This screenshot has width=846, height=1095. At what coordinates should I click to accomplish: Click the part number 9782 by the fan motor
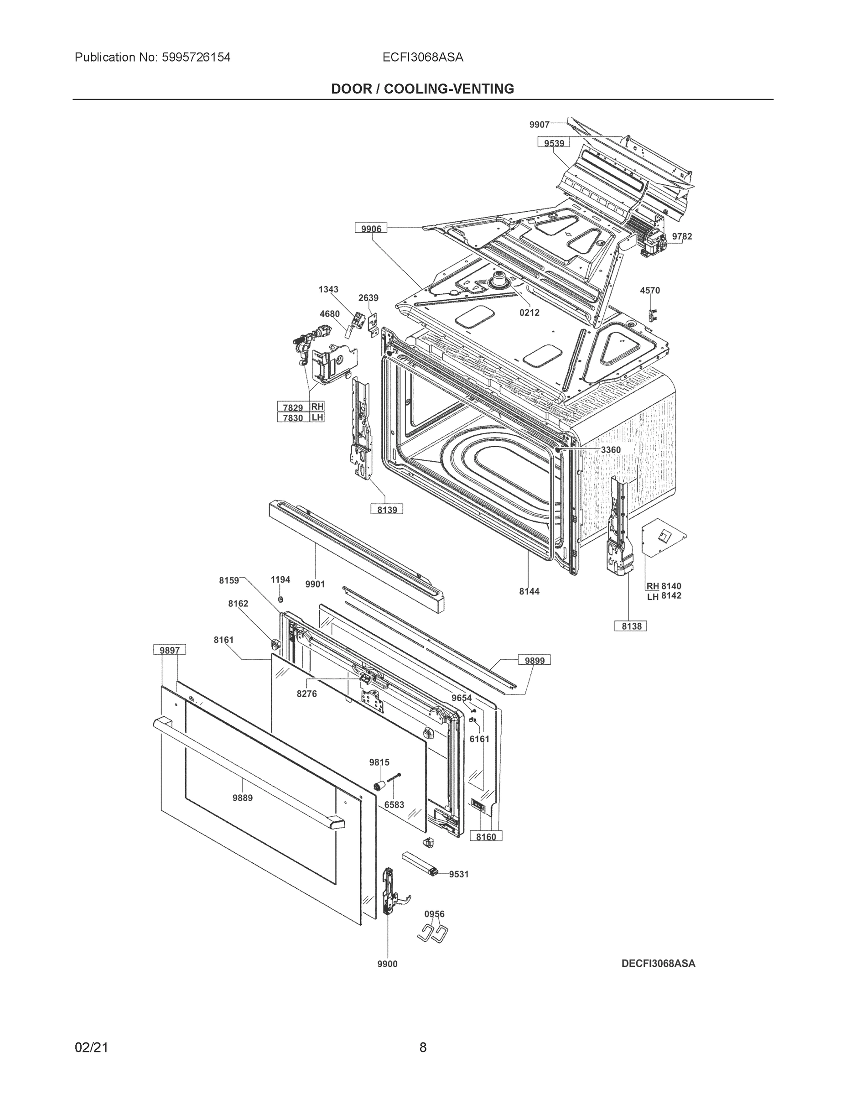point(682,236)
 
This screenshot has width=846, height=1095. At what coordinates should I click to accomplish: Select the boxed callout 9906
point(371,229)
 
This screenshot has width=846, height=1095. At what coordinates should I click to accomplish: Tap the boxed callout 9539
point(554,143)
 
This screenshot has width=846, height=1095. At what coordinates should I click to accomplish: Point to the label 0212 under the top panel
point(529,313)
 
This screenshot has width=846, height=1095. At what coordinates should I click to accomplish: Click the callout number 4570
point(649,290)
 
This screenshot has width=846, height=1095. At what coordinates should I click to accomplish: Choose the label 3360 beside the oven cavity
point(611,450)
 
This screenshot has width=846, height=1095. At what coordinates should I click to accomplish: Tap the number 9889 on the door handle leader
point(242,798)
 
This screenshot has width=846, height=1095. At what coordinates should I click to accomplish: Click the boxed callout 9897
point(169,650)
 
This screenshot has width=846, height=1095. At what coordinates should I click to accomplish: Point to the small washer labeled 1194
point(280,599)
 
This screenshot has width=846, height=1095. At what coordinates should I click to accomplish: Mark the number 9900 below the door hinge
point(387,964)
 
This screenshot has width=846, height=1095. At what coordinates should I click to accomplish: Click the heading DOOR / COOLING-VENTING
point(422,89)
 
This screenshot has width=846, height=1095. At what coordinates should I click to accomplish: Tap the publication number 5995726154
point(196,57)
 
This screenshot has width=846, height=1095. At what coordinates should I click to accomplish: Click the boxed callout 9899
point(534,660)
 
